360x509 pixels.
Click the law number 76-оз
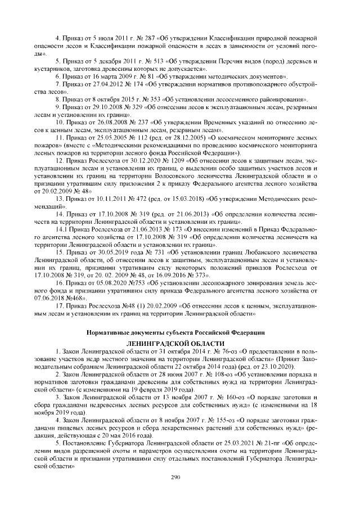218,352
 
